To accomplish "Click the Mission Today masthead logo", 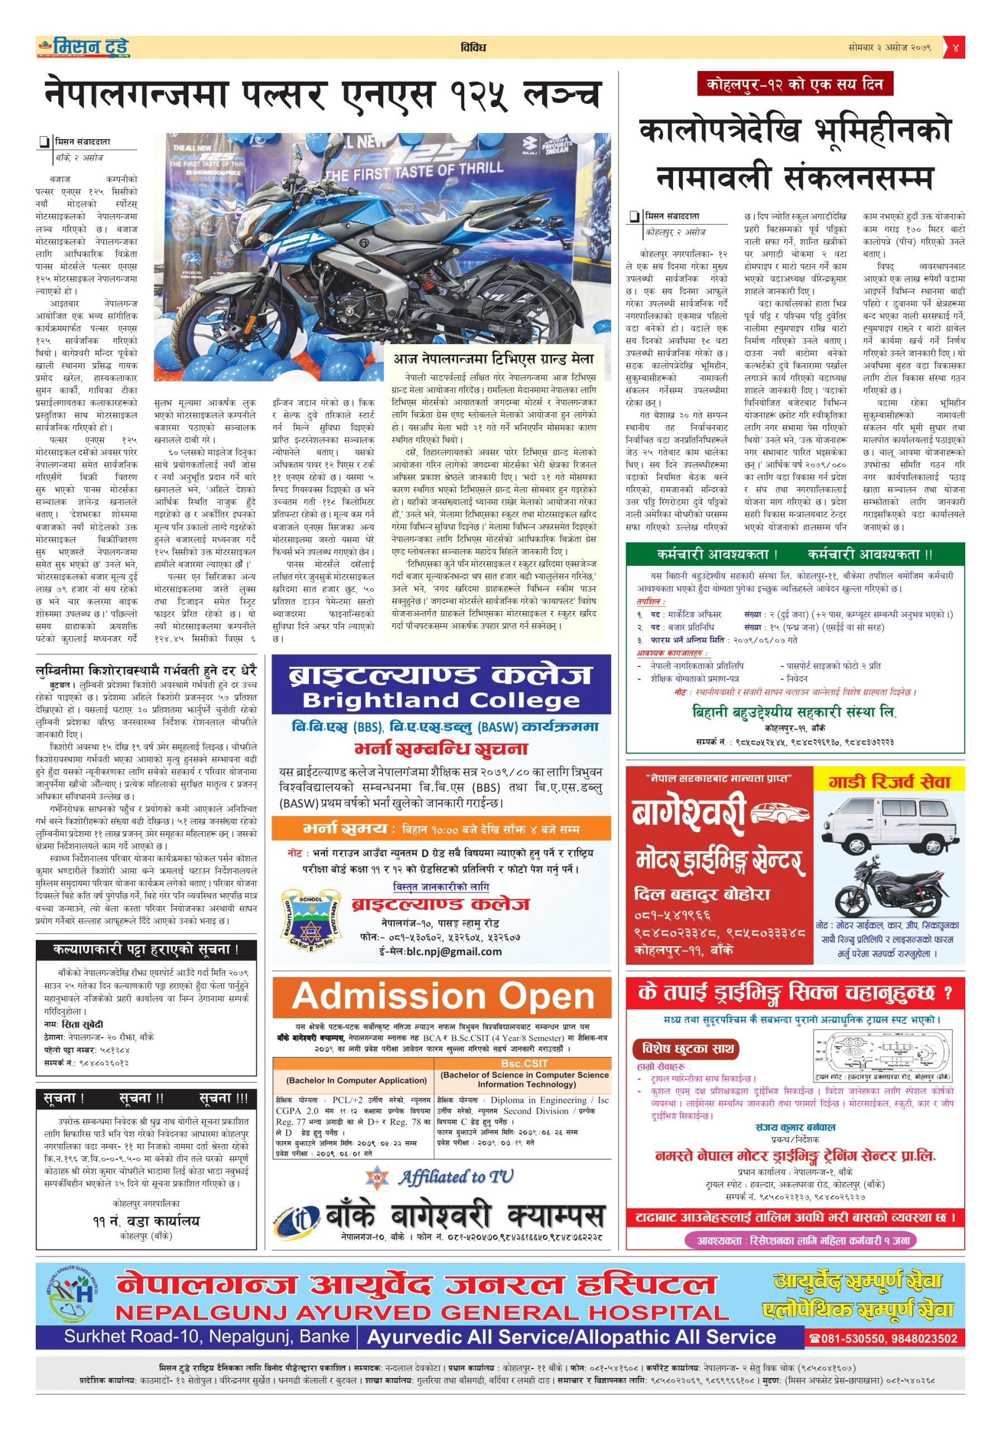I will pos(84,47).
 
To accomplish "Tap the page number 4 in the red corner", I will pos(955,47).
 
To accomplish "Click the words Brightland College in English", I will pos(441,700).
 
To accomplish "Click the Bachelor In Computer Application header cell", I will pos(356,1080).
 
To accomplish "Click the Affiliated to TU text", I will pos(456,1176).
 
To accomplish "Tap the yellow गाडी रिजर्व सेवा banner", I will pos(889,781).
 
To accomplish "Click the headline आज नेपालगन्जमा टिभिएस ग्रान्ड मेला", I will pos(493,359).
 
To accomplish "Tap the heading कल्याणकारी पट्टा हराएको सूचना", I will pos(146,950).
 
